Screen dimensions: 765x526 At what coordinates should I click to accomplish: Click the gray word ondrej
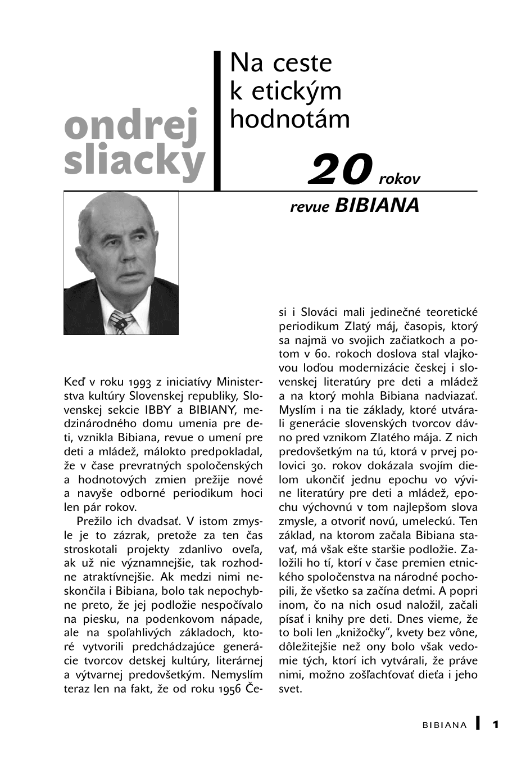[x=131, y=125]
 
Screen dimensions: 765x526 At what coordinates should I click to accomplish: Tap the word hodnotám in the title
[x=289, y=119]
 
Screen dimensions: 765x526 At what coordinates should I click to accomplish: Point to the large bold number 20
[x=341, y=170]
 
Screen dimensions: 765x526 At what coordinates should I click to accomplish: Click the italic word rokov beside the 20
[x=400, y=179]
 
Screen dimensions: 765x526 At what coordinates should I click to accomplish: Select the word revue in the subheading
[x=310, y=207]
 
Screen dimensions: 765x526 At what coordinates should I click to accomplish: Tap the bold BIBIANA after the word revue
[x=377, y=206]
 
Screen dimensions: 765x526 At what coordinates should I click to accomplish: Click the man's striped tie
[x=122, y=322]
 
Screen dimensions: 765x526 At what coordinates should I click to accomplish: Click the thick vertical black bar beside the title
[x=217, y=121]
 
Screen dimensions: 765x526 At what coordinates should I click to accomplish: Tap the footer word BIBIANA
[x=445, y=725]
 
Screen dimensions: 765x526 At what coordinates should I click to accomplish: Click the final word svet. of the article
[x=291, y=689]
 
